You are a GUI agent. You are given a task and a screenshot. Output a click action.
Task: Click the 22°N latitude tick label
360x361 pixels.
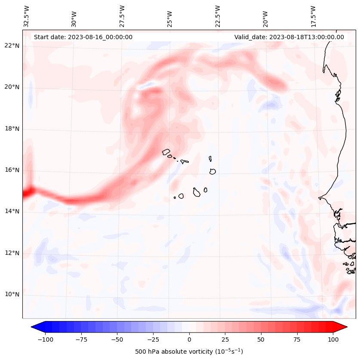pyautogui.click(x=12, y=46)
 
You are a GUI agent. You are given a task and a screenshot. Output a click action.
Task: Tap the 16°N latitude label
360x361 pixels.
pyautogui.click(x=12, y=170)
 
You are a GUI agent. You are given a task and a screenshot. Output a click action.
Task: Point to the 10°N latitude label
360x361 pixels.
pyautogui.click(x=12, y=295)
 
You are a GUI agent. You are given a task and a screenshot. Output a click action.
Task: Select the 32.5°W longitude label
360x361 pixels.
pyautogui.click(x=27, y=16)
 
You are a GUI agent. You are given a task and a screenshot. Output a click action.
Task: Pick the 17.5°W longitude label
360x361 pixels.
pyautogui.click(x=313, y=16)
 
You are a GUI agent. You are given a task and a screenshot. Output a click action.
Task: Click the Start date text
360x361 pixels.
pyautogui.click(x=83, y=37)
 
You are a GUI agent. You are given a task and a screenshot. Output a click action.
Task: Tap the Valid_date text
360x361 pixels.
pyautogui.click(x=289, y=37)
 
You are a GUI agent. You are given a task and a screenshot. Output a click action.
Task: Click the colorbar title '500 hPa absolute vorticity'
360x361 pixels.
pyautogui.click(x=189, y=352)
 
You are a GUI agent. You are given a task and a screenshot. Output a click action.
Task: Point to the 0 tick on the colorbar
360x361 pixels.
pyautogui.click(x=189, y=339)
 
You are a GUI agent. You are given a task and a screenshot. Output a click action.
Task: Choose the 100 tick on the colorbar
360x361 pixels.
pyautogui.click(x=333, y=339)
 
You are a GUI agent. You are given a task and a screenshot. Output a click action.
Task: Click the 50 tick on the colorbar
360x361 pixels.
pyautogui.click(x=261, y=339)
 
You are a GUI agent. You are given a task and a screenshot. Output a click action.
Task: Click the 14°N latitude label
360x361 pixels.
pyautogui.click(x=12, y=211)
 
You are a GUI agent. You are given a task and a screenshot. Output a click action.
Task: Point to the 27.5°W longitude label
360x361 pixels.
pyautogui.click(x=122, y=16)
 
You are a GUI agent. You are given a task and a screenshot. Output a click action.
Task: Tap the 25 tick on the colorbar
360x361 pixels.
pyautogui.click(x=225, y=339)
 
